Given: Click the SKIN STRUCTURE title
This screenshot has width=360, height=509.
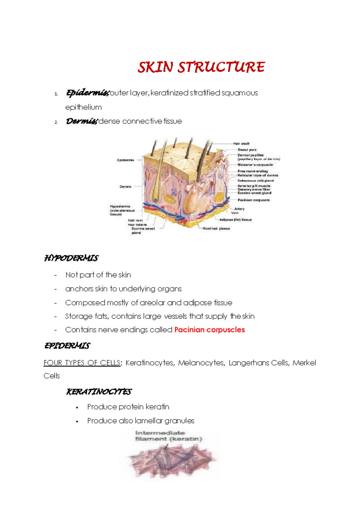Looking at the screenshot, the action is click(201, 67).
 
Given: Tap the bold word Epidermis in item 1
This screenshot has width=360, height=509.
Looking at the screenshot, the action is click(87, 93).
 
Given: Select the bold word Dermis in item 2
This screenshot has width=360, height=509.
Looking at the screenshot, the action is click(81, 121).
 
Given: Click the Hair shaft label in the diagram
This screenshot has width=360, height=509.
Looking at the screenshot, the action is click(241, 144).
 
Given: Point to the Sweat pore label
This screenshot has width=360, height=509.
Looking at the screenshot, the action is click(247, 150).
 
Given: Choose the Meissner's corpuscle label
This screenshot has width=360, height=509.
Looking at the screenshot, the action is click(255, 165).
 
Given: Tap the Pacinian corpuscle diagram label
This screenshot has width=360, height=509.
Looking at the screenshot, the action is click(253, 200).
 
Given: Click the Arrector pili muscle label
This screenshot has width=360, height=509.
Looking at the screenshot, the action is click(254, 186).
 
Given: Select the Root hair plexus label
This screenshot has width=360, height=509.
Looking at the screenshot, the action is click(216, 229).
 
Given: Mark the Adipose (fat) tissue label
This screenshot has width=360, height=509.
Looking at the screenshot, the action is click(235, 220).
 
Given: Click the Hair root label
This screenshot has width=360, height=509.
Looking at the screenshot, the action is click(135, 220).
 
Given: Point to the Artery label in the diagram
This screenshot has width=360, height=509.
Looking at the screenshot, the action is click(239, 209).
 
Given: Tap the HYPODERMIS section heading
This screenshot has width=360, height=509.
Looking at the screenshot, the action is click(71, 258).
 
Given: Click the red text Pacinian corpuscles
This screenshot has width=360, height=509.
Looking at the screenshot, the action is click(209, 330).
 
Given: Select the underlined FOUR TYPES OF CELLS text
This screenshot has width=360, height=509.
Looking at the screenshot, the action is click(82, 363).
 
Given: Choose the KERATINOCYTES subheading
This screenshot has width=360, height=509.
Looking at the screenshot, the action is click(99, 392).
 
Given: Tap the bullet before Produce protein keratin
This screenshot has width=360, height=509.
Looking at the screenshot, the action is click(77, 408).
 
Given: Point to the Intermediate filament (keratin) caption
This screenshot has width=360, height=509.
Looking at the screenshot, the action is click(168, 436).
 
